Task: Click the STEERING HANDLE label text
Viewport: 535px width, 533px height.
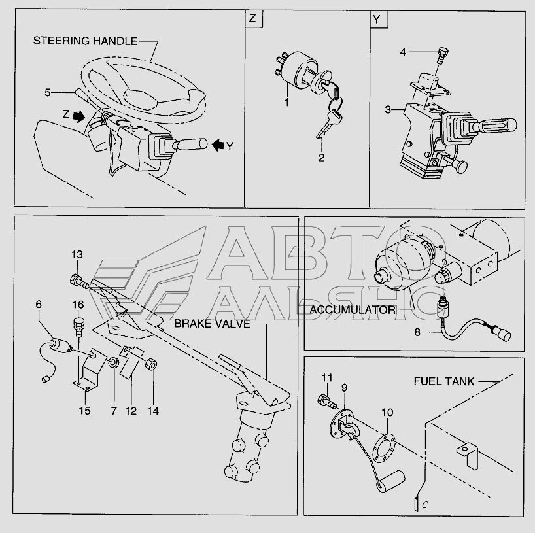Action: (85, 41)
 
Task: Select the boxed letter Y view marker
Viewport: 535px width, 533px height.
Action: (377, 19)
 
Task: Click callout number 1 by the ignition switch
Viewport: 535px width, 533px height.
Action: (286, 103)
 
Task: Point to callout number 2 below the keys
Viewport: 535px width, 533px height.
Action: (321, 158)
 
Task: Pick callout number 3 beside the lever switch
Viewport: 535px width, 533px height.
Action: (388, 110)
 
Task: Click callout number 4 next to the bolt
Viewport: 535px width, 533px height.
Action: (403, 51)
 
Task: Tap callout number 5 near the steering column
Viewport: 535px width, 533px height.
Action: (47, 92)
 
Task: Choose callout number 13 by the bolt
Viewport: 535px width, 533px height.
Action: (77, 254)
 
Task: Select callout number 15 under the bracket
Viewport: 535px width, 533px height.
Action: (85, 411)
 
